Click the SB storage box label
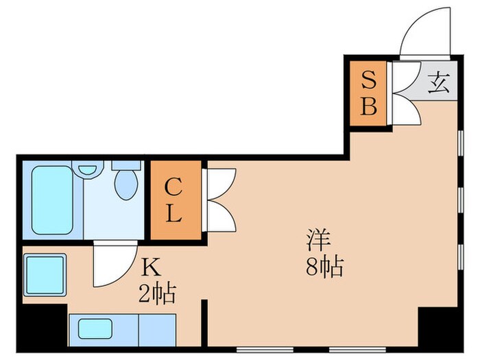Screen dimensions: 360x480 click(x=369, y=94)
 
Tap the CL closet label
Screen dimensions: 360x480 click(x=173, y=200)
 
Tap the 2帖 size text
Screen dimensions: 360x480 click(x=160, y=295)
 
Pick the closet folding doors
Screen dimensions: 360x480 click(x=220, y=200)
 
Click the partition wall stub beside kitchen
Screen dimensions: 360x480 click(x=204, y=323)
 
